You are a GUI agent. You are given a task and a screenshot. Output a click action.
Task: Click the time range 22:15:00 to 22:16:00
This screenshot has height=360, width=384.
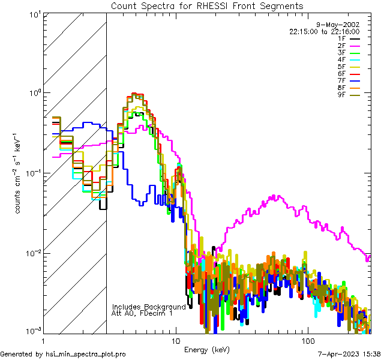[324, 31]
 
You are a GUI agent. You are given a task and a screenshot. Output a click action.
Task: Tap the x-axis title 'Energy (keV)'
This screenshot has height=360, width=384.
[208, 349]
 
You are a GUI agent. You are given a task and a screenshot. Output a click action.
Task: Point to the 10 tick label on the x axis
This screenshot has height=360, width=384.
[175, 340]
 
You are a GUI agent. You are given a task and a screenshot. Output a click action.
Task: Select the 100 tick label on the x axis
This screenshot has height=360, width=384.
[307, 340]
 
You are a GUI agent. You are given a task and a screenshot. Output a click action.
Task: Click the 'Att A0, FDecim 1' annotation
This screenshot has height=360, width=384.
[142, 313]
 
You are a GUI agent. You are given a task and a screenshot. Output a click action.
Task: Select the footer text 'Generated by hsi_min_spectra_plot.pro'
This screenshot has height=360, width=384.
[63, 355]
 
